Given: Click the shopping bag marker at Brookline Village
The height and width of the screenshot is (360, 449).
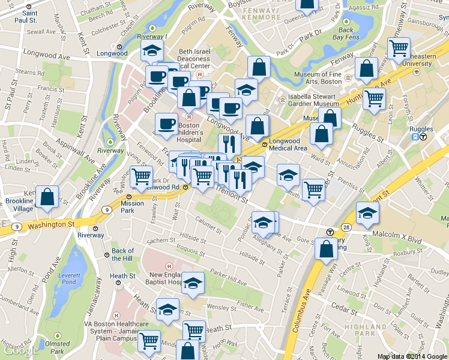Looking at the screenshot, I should tap(47, 196).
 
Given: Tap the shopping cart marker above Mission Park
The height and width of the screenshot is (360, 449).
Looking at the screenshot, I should tap(141, 176).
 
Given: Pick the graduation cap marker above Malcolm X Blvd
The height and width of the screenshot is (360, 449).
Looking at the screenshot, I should tap(367, 212).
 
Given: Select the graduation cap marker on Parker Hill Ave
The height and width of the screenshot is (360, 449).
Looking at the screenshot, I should tap(193, 282).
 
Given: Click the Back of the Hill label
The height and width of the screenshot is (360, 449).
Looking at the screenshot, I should tap(123, 254).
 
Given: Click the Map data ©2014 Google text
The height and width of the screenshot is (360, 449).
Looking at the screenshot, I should tap(411, 356).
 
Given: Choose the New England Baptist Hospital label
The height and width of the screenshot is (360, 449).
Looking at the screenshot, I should tap(166, 278).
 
